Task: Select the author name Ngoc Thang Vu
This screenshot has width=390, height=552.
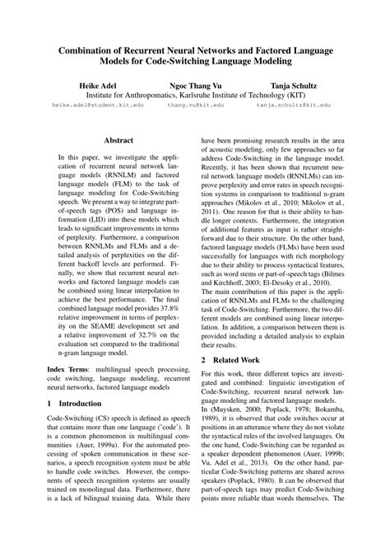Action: click(194, 86)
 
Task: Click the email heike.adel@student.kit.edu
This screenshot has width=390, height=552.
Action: click(97, 105)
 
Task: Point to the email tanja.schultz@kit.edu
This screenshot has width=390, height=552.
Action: click(294, 105)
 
